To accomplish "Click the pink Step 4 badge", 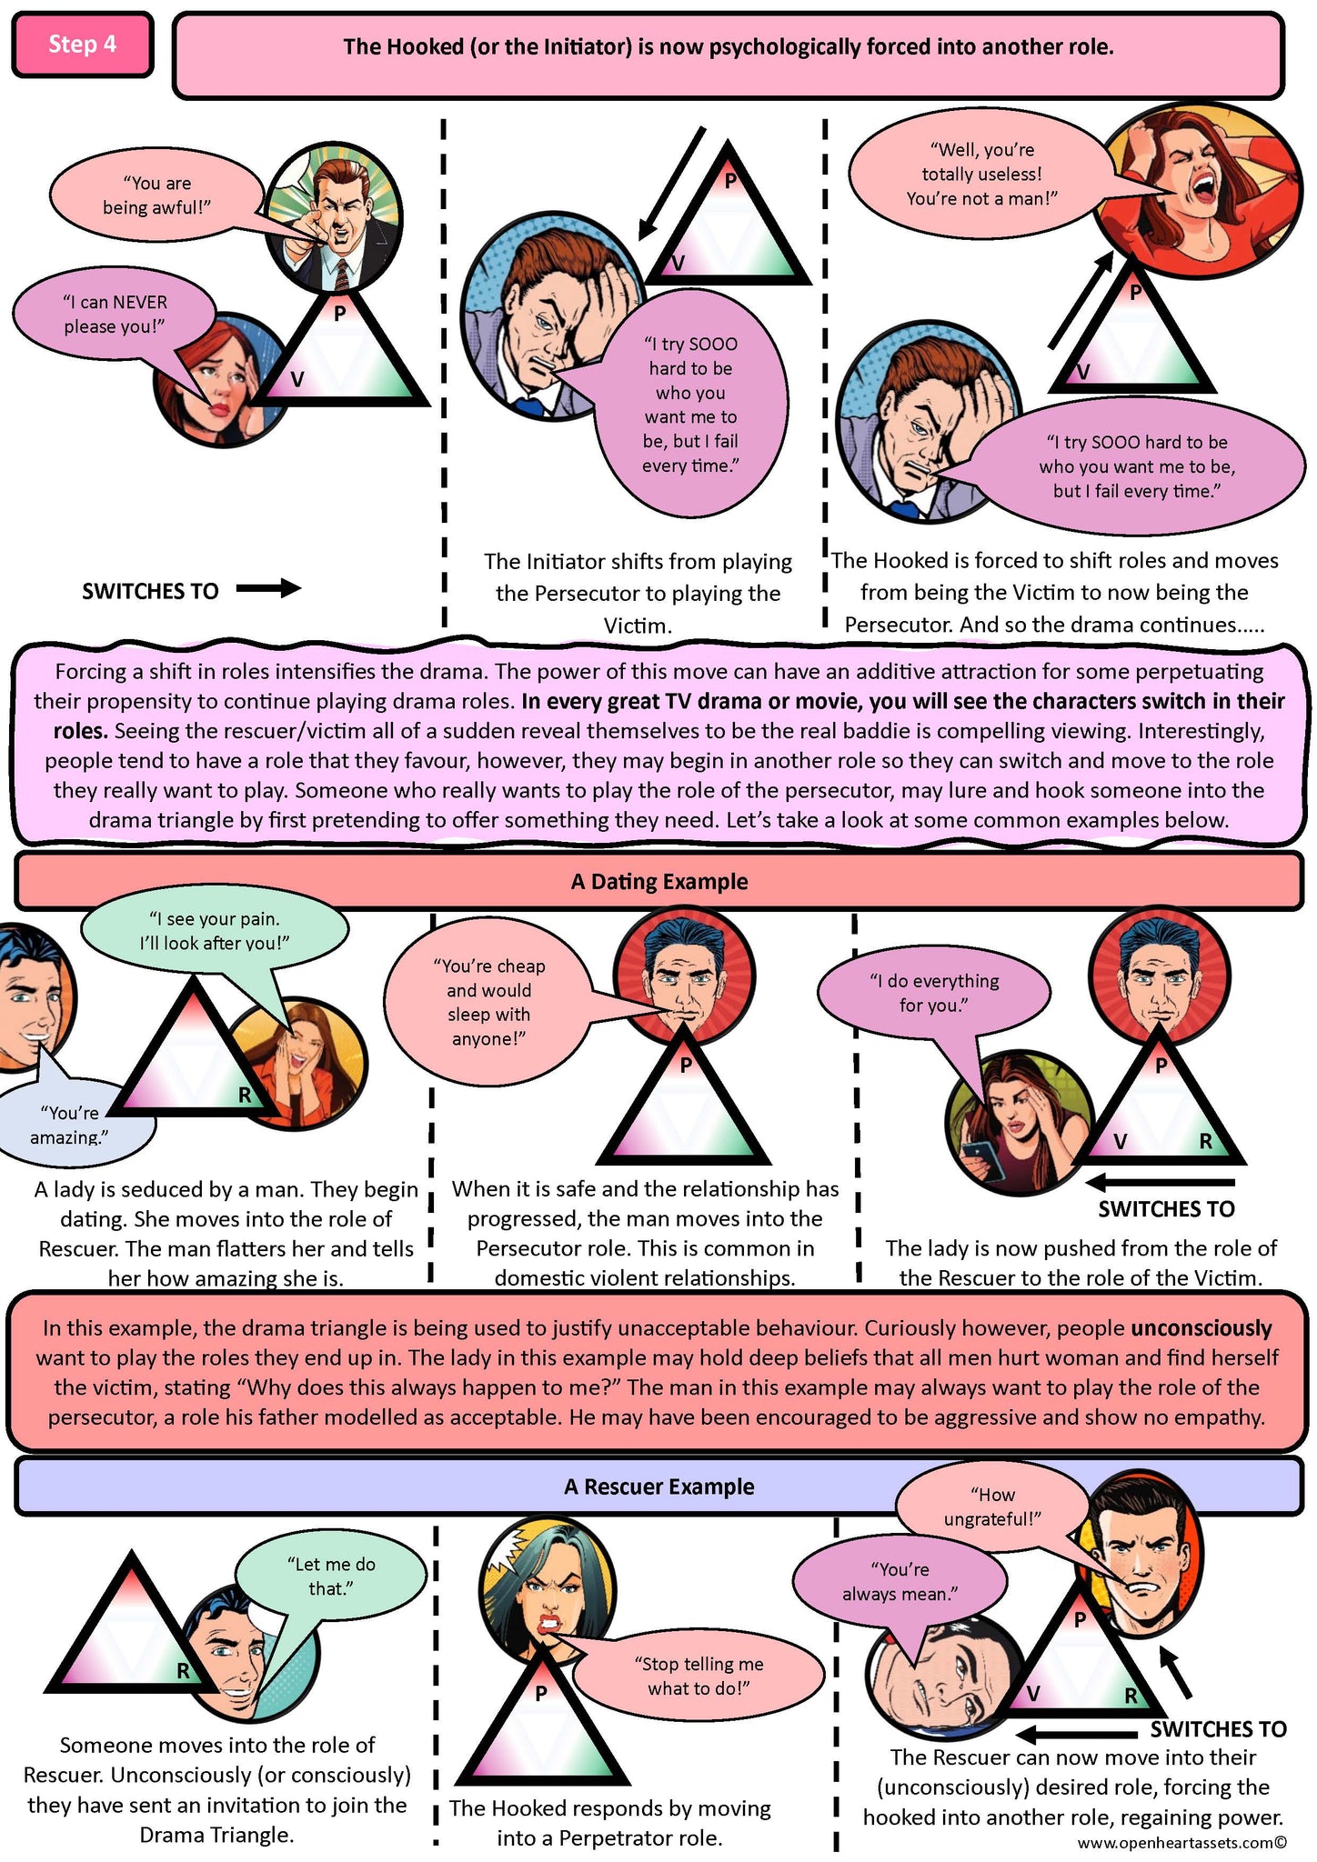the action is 83,45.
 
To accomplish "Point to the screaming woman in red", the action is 1195,191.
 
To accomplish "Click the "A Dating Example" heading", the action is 659,881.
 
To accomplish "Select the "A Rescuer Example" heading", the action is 659,1487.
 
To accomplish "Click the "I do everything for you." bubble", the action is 934,994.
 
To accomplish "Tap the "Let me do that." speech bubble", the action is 330,1576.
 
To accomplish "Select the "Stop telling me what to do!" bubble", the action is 698,1676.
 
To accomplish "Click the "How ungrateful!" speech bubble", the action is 993,1507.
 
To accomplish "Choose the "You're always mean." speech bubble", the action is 900,1582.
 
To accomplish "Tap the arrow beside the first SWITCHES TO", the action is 268,589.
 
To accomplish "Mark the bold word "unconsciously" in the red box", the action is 1201,1328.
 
